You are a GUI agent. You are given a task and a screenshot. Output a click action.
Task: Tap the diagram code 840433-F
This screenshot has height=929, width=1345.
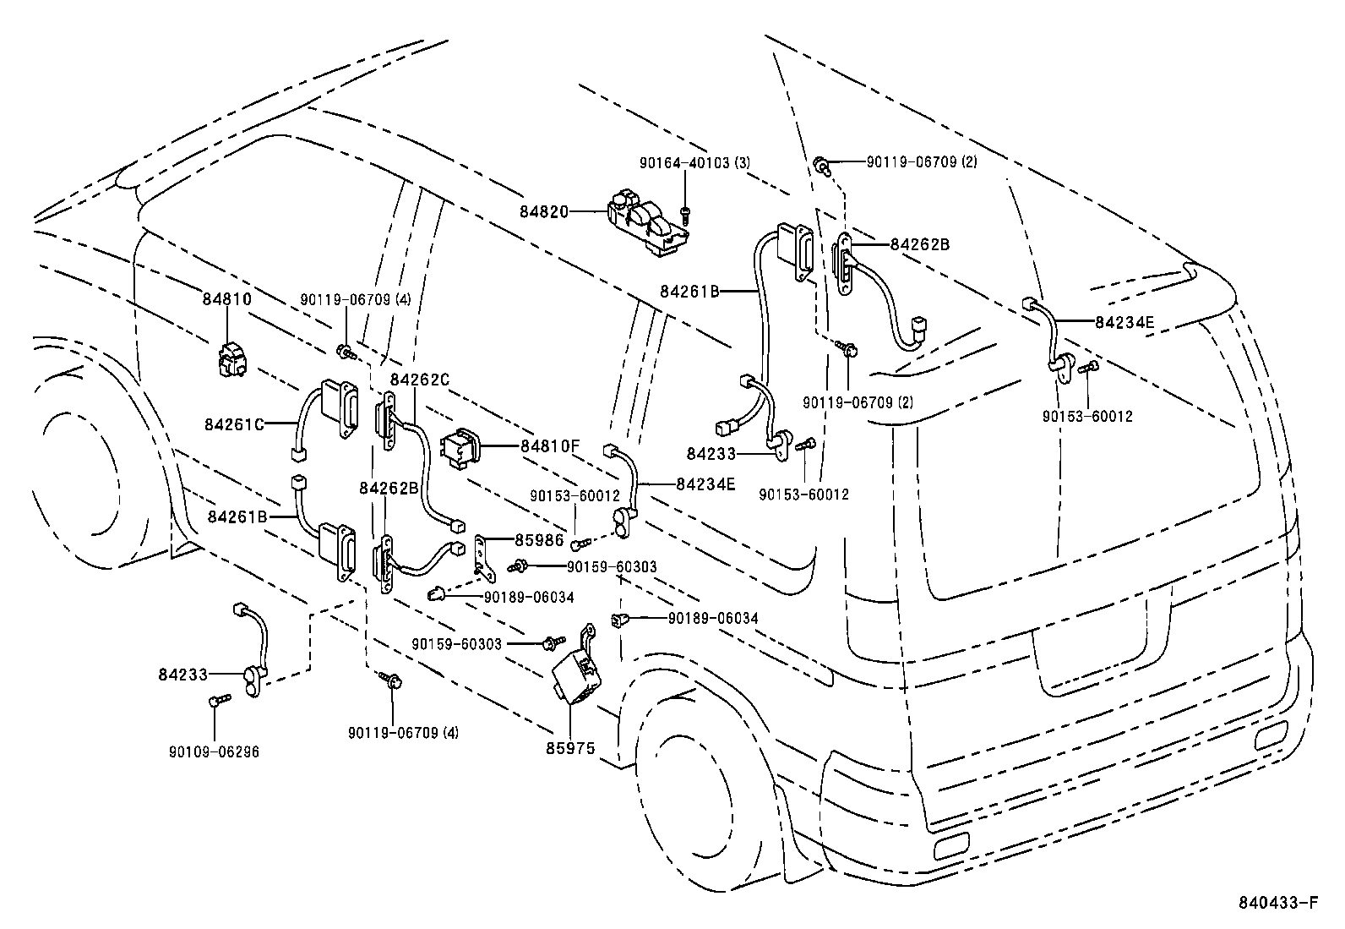tap(1277, 903)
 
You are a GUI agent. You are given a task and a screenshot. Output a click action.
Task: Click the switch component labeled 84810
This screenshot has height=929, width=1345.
tap(231, 360)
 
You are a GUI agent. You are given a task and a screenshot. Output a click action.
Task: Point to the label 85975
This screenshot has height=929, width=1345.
tap(570, 748)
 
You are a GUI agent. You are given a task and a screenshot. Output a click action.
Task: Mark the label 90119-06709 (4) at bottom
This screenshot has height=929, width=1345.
tap(403, 733)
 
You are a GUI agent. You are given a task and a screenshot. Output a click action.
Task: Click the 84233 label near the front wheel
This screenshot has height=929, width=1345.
tap(183, 674)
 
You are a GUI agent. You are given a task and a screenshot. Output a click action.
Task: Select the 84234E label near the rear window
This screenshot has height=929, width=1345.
tap(1124, 321)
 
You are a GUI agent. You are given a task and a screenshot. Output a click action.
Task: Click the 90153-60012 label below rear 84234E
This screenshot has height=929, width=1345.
tap(1086, 416)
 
